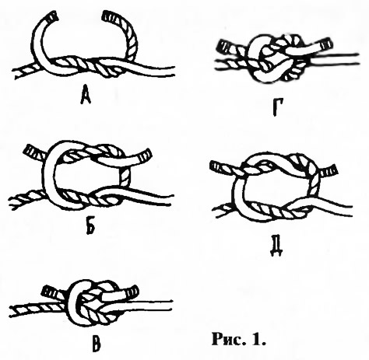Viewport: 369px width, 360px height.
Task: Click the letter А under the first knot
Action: click(x=86, y=95)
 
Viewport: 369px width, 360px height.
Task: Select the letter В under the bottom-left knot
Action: click(x=96, y=344)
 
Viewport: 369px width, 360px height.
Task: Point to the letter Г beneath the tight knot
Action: click(x=278, y=108)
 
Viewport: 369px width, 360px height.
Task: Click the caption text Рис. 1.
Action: click(x=239, y=339)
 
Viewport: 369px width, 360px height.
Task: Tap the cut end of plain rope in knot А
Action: click(x=51, y=16)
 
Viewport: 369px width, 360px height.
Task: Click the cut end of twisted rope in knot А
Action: click(x=108, y=16)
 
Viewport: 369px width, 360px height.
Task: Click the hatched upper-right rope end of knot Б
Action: click(x=145, y=155)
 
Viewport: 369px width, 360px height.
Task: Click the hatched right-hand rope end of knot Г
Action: click(x=326, y=44)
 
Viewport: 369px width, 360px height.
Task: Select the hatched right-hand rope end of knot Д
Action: click(x=329, y=171)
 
